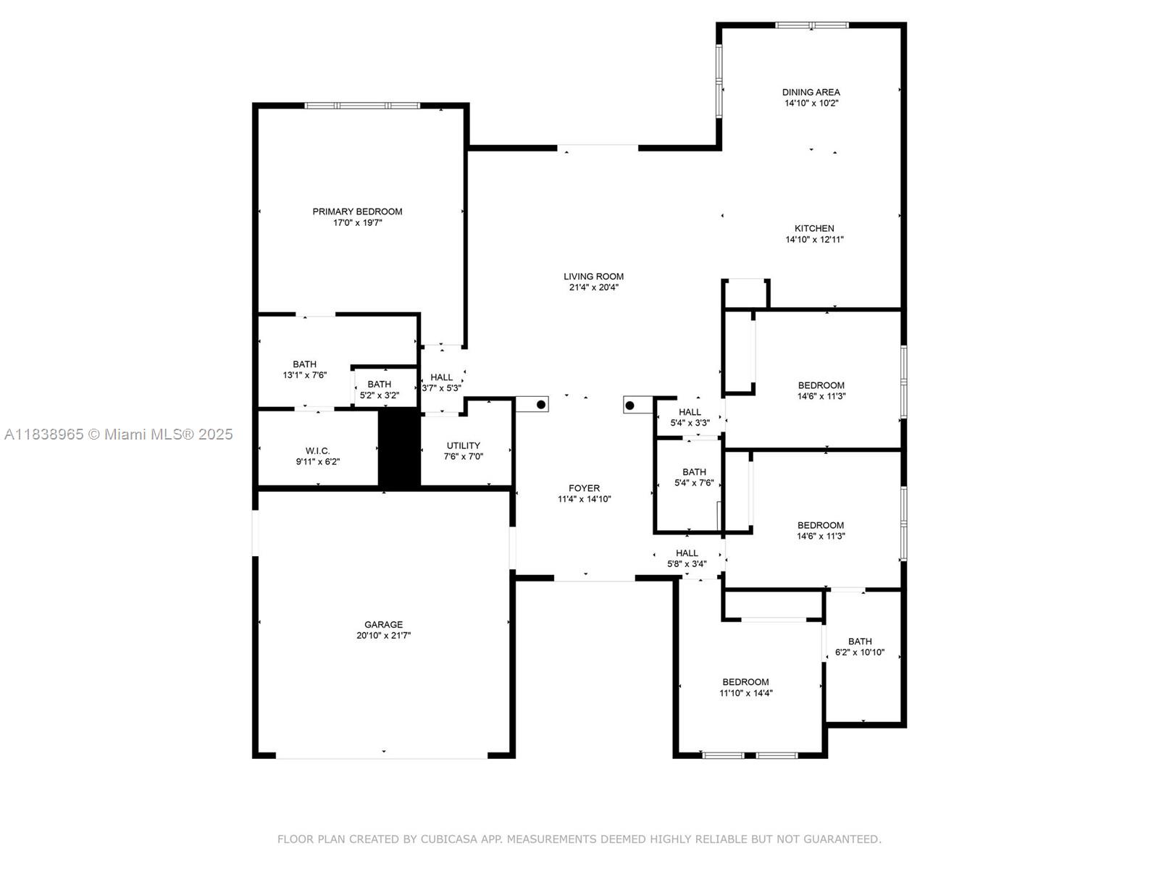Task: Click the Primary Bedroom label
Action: [x=357, y=211]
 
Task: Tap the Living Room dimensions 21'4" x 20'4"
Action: [x=593, y=287]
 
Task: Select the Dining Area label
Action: [x=811, y=93]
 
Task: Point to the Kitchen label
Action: [x=814, y=228]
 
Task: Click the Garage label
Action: [x=383, y=625]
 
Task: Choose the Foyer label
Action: [x=584, y=489]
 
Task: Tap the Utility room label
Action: [x=463, y=446]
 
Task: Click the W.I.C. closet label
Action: [x=317, y=451]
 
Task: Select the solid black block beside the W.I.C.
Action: [x=399, y=449]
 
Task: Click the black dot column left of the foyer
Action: [x=540, y=405]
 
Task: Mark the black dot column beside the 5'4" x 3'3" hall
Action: [x=629, y=406]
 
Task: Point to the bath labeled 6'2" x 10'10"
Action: [x=860, y=647]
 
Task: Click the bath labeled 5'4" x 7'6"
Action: [x=694, y=477]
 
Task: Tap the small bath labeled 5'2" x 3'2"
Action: [x=379, y=390]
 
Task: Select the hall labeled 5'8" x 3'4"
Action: [x=687, y=559]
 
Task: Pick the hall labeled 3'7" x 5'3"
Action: [x=441, y=382]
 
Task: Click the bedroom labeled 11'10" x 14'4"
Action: [x=745, y=688]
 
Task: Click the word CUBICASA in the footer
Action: [x=448, y=839]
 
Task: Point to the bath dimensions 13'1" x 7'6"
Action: [x=305, y=375]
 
